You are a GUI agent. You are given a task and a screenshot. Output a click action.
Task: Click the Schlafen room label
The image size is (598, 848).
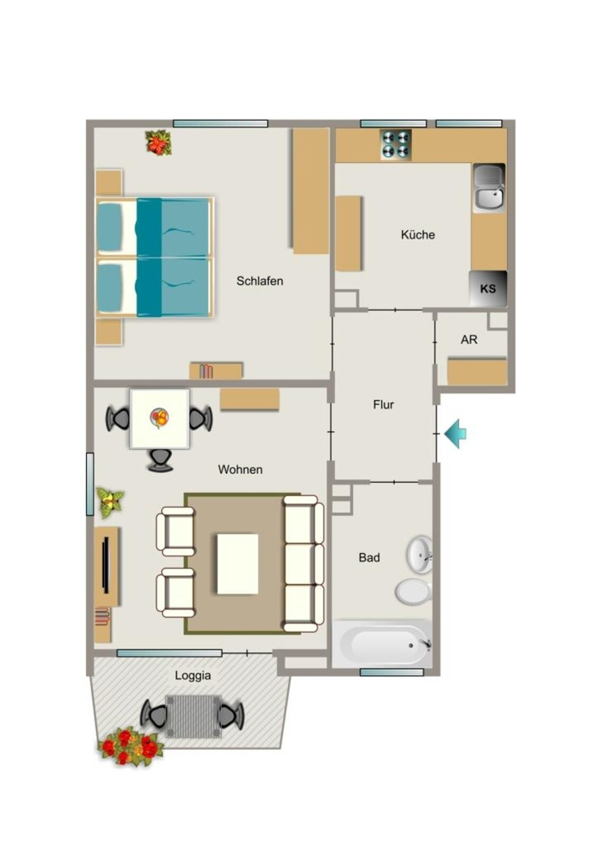click(259, 281)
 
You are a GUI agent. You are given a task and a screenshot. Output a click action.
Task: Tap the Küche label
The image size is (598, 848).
click(418, 234)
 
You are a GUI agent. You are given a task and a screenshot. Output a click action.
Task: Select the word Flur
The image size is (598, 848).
click(383, 404)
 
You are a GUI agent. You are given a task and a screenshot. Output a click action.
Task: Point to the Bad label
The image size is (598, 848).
click(369, 557)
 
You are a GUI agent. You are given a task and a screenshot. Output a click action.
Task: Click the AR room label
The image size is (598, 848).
click(469, 340)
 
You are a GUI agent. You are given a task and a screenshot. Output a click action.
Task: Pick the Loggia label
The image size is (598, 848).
click(193, 676)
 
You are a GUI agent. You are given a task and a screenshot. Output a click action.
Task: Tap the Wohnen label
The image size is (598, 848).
click(241, 470)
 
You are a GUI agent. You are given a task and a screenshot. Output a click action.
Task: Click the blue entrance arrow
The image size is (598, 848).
click(456, 433)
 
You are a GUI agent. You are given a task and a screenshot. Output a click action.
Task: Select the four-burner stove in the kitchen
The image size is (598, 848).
click(395, 144)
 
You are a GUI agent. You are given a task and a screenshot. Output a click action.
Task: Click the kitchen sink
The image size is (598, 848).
click(489, 187)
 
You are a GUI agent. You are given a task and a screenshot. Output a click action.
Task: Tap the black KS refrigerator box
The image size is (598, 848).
click(488, 289)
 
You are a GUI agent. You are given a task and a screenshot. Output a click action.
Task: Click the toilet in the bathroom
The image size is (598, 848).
click(414, 591)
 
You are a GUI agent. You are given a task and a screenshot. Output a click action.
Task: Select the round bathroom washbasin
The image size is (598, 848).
click(419, 555)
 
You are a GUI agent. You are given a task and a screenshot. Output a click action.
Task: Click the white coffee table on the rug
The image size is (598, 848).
click(237, 564)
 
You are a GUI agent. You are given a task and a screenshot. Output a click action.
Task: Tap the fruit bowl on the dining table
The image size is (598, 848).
click(160, 417)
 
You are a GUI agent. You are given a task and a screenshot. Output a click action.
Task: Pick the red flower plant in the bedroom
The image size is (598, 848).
click(158, 142)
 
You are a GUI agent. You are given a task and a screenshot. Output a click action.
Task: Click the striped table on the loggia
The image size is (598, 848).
click(193, 716)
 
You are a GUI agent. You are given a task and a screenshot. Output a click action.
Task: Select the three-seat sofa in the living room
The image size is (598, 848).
click(304, 563)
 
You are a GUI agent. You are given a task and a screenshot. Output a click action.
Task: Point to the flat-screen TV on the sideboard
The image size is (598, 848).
click(106, 565)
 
